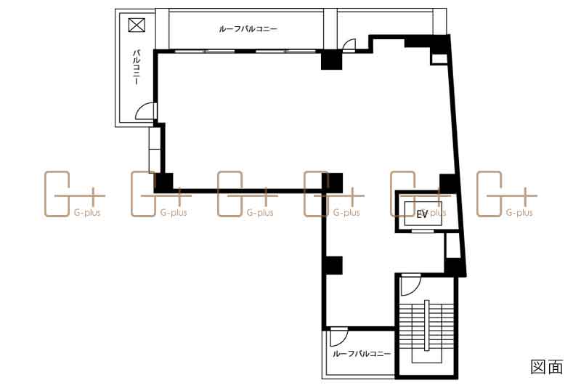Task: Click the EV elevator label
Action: [422, 214]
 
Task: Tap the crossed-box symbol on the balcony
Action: [137, 25]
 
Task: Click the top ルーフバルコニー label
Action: [248, 29]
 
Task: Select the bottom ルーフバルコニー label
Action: [362, 354]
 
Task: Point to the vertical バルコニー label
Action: [137, 68]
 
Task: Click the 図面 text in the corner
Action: [547, 367]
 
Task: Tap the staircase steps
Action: [427, 326]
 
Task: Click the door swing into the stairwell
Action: [410, 285]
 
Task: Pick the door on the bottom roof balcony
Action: [339, 337]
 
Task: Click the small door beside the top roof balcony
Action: [349, 44]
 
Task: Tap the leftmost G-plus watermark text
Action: [87, 213]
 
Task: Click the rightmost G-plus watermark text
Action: [519, 213]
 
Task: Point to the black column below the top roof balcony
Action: [331, 60]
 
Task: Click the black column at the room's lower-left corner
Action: [163, 183]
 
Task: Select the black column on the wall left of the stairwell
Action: [333, 265]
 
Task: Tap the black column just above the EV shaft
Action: [448, 182]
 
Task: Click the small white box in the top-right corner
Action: [440, 59]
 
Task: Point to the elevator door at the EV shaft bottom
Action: [423, 230]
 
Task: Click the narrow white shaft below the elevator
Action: [452, 246]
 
